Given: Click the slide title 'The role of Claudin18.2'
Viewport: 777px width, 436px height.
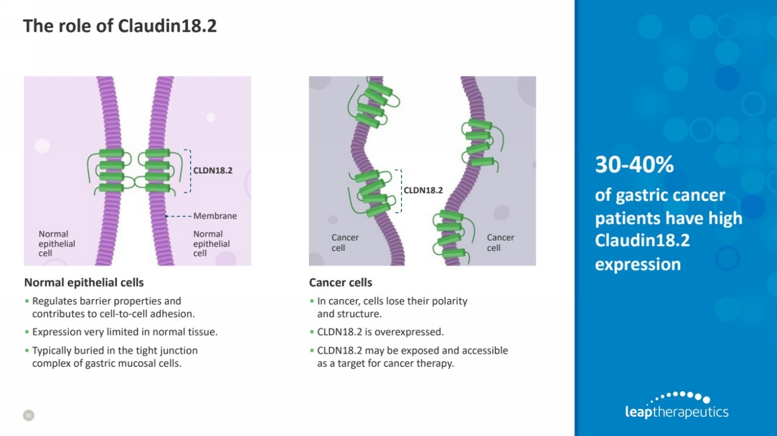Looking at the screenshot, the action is (120, 26).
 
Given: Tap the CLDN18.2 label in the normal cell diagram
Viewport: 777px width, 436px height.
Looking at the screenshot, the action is (213, 171).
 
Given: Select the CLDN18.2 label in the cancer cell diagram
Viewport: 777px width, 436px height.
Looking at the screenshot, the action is (423, 191).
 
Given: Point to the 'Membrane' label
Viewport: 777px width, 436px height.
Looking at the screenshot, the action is (215, 216).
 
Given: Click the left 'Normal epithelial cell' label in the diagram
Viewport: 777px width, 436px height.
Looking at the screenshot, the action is (57, 244).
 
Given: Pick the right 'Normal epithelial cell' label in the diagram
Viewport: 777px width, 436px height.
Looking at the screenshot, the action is (212, 244).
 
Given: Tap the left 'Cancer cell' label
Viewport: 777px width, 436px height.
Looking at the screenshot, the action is (345, 242).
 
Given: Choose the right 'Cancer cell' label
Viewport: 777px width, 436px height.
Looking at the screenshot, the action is (500, 242).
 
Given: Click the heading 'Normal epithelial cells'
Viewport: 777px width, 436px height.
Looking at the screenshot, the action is (84, 283).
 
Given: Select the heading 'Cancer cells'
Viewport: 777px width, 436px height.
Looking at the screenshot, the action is (341, 283).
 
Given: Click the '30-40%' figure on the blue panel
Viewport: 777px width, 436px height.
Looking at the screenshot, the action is (634, 164).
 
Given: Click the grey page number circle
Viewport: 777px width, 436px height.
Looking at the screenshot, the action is (29, 415).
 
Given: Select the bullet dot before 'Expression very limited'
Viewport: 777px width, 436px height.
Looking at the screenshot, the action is (27, 332).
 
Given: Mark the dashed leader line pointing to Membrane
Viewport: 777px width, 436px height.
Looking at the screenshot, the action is (178, 216).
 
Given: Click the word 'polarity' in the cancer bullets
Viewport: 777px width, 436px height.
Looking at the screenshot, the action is (449, 301).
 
